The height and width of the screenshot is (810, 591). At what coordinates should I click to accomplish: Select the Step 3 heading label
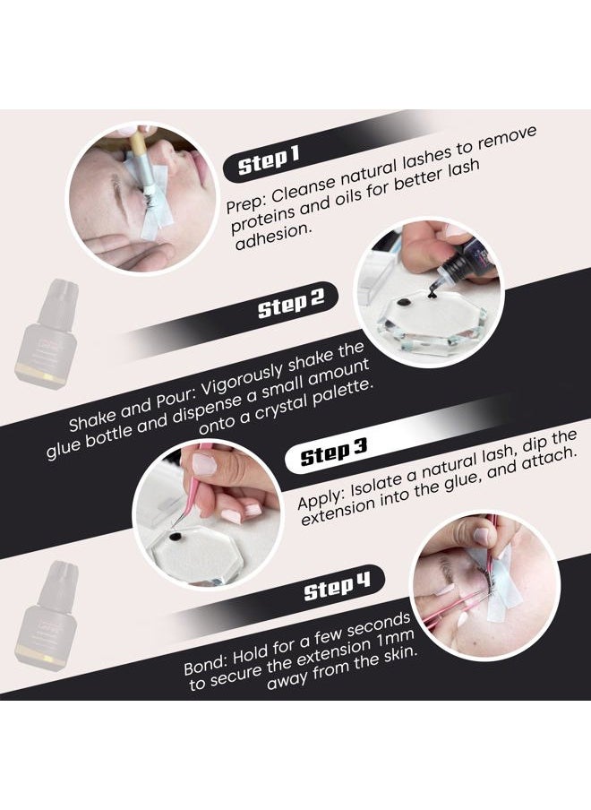pos(334,455)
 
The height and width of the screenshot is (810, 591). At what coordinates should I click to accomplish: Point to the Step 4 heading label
pos(337,590)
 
